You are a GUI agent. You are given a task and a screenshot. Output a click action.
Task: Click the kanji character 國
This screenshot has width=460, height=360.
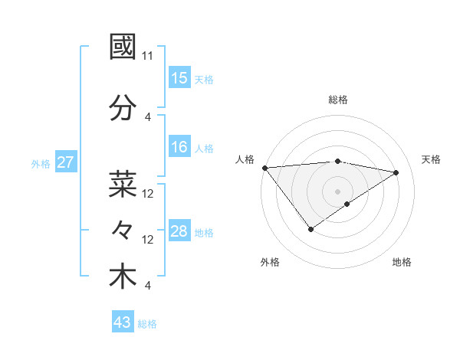pyautogui.click(x=123, y=47)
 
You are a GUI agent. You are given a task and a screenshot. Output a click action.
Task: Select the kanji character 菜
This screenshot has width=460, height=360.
pyautogui.click(x=123, y=185)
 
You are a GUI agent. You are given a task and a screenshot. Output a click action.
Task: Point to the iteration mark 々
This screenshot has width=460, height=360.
pyautogui.click(x=123, y=230)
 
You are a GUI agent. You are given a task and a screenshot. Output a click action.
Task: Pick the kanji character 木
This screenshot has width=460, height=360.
pyautogui.click(x=123, y=277)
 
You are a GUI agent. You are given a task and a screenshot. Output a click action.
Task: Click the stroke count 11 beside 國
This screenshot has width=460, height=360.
pyautogui.click(x=148, y=56)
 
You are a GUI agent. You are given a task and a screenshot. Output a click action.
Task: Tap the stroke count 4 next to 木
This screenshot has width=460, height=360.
pyautogui.click(x=147, y=286)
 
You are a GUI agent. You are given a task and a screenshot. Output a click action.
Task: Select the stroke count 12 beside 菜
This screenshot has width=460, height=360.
pyautogui.click(x=148, y=194)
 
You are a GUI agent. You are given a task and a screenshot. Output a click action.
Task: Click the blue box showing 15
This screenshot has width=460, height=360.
pyautogui.click(x=179, y=78)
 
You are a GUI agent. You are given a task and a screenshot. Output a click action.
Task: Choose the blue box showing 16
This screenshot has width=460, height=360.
pyautogui.click(x=179, y=147)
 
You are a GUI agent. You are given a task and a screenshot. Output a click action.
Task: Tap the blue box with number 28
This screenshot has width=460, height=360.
pyautogui.click(x=179, y=231)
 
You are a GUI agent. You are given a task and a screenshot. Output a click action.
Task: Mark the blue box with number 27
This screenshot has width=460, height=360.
pyautogui.click(x=66, y=162)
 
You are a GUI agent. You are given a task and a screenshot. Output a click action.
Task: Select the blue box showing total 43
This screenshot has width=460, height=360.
pyautogui.click(x=123, y=322)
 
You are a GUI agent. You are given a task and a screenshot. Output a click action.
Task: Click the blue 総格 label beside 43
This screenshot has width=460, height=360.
pyautogui.click(x=147, y=324)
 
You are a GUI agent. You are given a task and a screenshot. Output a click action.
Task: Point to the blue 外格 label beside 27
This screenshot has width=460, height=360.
pyautogui.click(x=41, y=163)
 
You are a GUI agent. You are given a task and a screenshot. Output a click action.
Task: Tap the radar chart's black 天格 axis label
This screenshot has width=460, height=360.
pyautogui.click(x=431, y=159)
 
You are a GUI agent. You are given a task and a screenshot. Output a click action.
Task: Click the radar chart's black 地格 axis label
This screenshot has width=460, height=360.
pyautogui.click(x=402, y=262)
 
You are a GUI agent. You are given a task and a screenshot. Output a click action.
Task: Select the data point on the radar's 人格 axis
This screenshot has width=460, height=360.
pyautogui.click(x=264, y=168)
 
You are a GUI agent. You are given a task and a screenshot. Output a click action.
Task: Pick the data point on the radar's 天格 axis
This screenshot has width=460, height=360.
pyautogui.click(x=396, y=172)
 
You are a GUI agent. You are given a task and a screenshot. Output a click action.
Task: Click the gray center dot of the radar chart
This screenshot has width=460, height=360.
pyautogui.click(x=337, y=191)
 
